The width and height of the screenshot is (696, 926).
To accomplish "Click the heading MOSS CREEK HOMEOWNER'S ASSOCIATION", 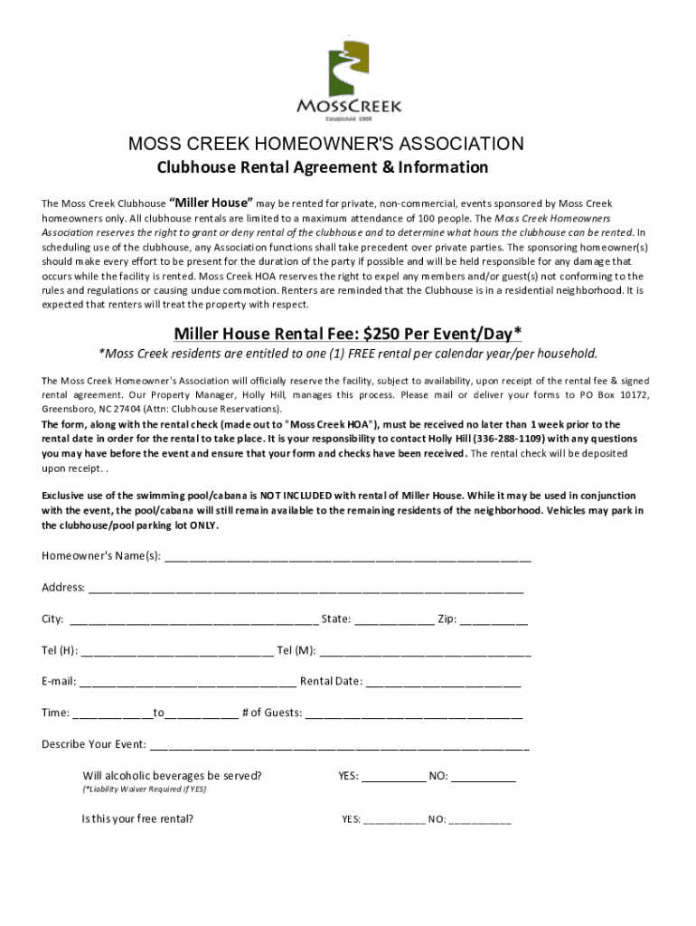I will click(324, 145).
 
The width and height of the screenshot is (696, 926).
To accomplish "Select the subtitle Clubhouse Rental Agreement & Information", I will click(323, 167).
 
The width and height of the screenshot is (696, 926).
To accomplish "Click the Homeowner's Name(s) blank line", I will click(347, 557).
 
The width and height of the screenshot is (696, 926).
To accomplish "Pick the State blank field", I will click(393, 621).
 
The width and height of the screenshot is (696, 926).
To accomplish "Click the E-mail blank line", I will click(187, 683).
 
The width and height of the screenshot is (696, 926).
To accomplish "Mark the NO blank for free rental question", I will click(479, 821).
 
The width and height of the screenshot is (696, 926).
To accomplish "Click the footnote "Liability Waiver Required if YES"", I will click(145, 789).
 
